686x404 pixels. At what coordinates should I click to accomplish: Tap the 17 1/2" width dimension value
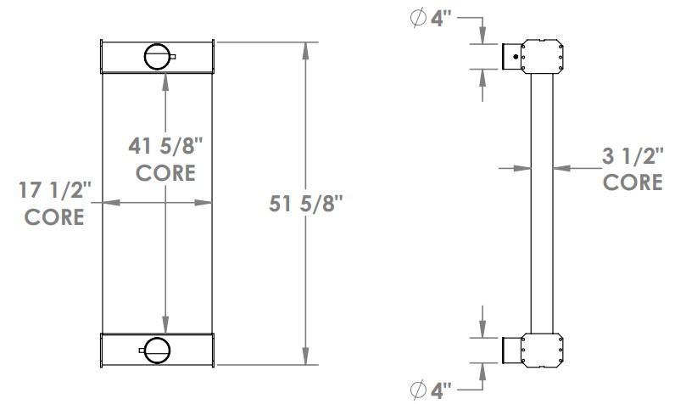coord(53,191)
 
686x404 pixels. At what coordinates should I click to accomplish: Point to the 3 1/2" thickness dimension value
coord(632,156)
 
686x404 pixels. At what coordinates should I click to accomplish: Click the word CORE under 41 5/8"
coord(166,172)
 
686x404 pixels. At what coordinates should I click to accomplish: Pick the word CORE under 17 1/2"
coord(53,217)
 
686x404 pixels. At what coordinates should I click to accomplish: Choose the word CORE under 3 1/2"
coord(633,182)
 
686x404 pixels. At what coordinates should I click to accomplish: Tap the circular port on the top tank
coord(157,56)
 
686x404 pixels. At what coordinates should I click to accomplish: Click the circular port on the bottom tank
coord(157,348)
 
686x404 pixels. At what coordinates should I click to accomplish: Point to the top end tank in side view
coord(543,56)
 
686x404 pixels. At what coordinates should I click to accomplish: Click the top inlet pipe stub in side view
coord(510,56)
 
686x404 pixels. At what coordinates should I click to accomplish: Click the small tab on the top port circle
coord(174,57)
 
